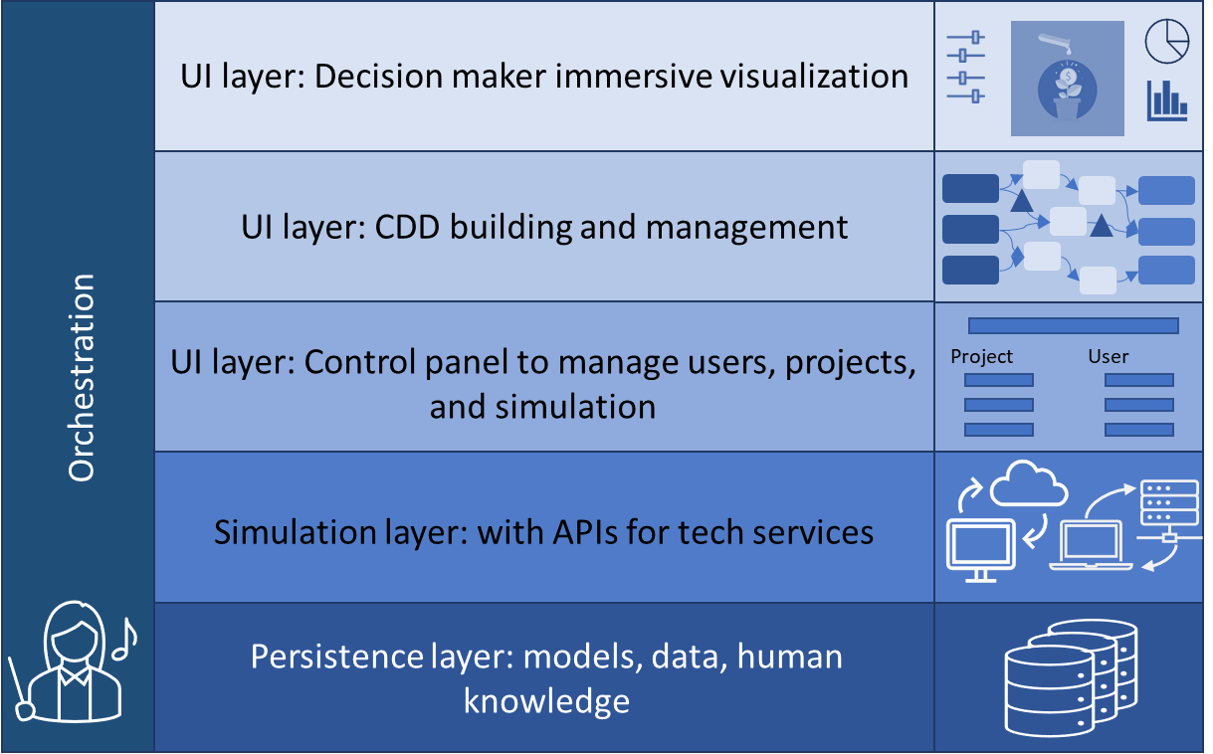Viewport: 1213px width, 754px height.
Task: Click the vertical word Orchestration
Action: tap(82, 378)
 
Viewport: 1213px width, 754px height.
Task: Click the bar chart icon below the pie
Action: tap(1166, 99)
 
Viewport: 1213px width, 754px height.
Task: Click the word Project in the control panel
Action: tap(981, 356)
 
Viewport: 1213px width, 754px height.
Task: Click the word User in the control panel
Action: tap(1108, 356)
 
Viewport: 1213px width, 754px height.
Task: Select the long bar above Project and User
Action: tap(1073, 325)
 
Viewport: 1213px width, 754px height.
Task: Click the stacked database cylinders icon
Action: tap(1070, 676)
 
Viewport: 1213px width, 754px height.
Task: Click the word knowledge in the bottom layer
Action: tap(546, 701)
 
